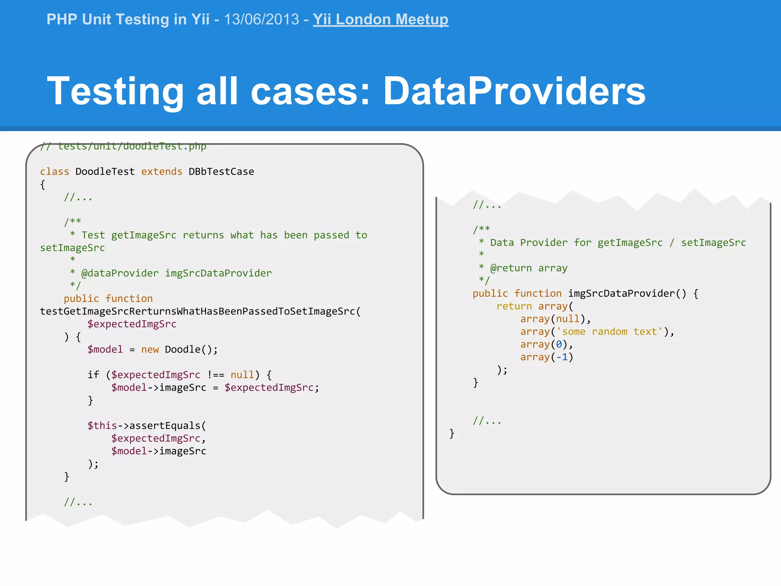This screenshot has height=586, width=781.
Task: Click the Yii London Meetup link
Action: [x=380, y=19]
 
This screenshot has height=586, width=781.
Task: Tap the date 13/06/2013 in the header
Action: [x=262, y=19]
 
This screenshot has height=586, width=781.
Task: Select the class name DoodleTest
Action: [x=105, y=172]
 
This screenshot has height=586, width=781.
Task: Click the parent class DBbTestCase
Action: [x=221, y=172]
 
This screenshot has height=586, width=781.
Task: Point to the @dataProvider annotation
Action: [x=120, y=273]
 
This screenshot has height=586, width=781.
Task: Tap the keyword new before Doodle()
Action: [x=150, y=349]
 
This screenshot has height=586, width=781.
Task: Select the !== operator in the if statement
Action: [x=215, y=375]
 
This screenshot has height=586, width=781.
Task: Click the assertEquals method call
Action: [x=165, y=425]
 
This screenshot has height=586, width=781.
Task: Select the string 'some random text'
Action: [x=609, y=332]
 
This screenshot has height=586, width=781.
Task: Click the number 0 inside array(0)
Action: [x=559, y=345]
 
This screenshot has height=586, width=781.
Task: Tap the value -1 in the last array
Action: [x=562, y=357]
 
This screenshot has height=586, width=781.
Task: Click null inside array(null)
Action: [x=567, y=319]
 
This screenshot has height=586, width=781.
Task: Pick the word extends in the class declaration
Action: [x=162, y=172]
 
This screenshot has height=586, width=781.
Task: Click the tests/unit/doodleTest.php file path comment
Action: [x=132, y=146]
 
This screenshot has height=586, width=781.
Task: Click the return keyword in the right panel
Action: [x=514, y=306]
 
